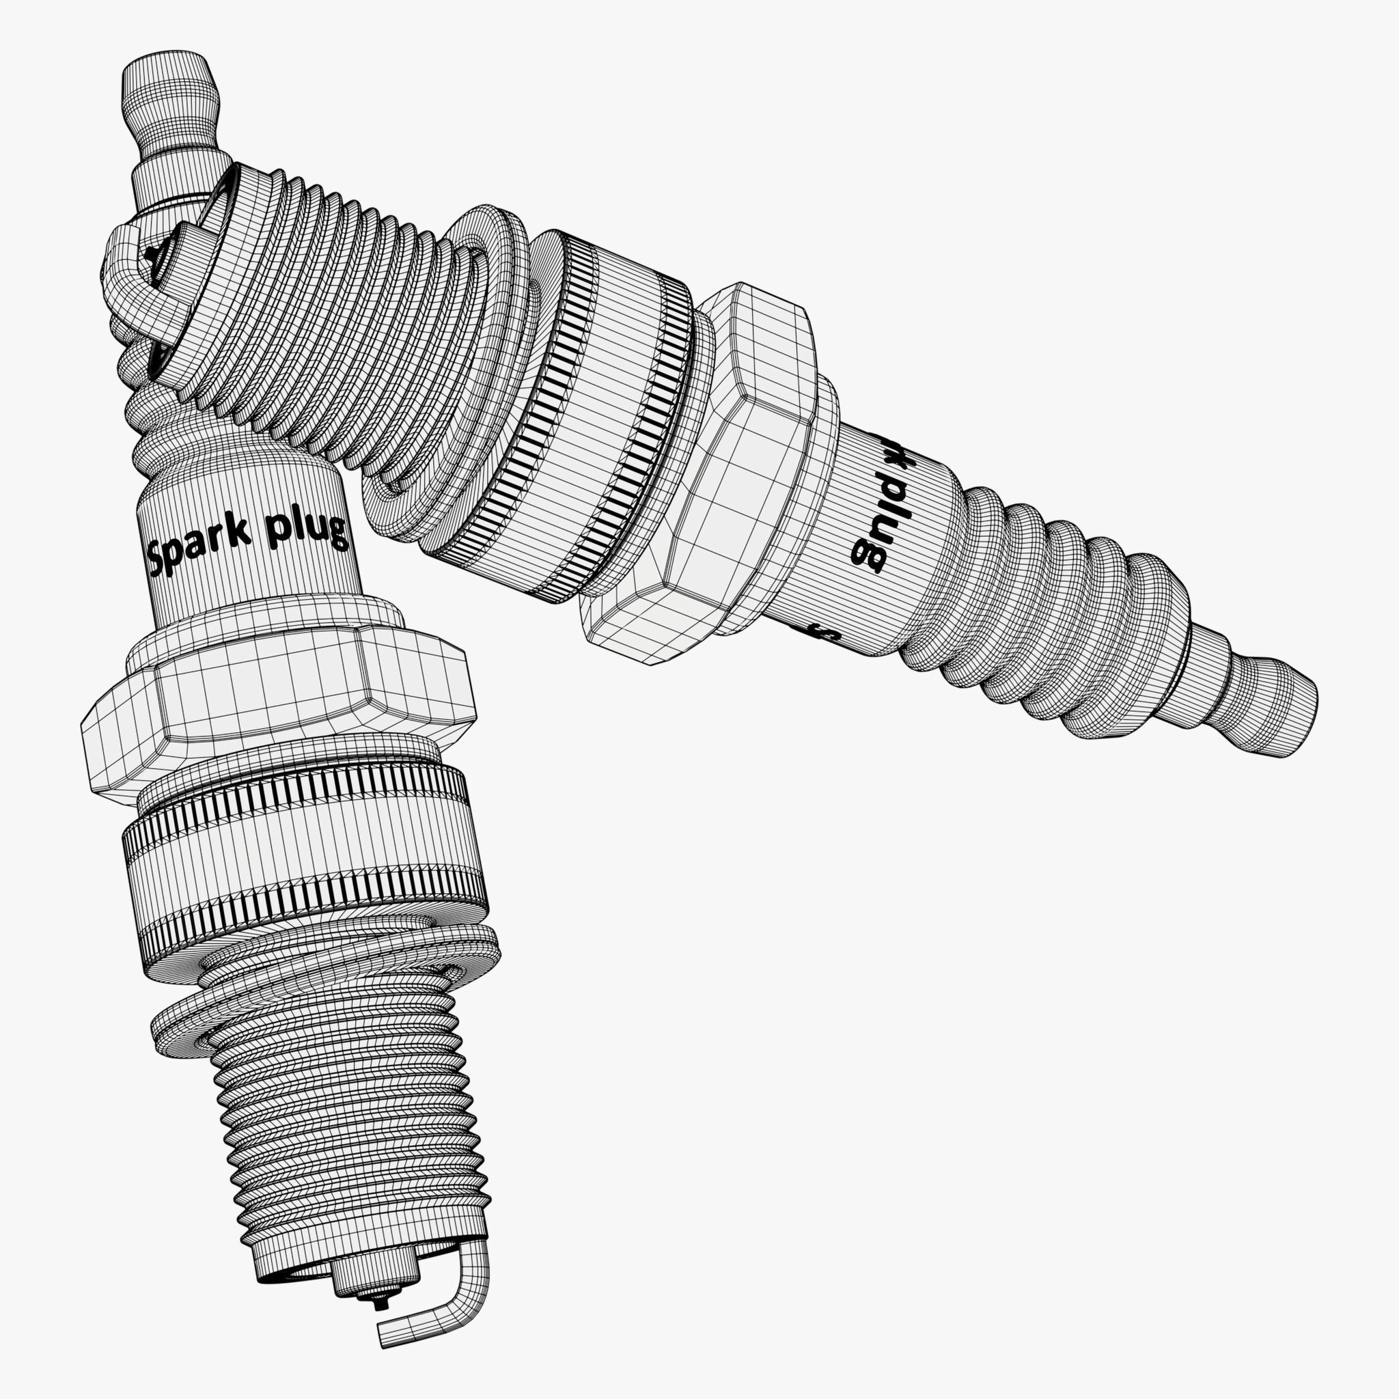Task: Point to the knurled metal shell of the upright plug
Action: point(304,861)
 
